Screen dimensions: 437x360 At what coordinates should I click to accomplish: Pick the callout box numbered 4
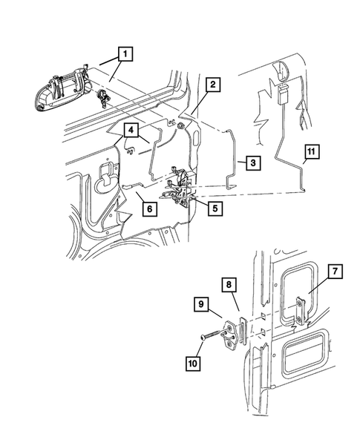click(x=130, y=131)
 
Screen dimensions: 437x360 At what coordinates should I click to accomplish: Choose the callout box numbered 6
click(x=148, y=209)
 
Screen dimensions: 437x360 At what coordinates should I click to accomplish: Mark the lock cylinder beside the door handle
click(x=102, y=96)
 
